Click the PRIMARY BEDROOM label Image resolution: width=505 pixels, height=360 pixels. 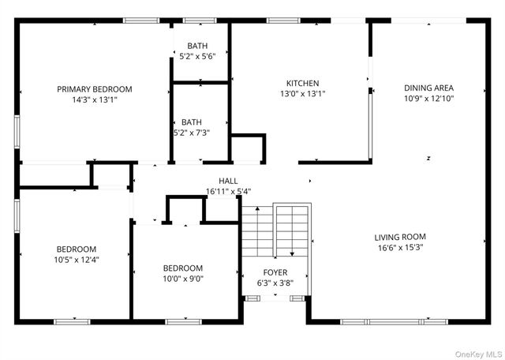coord(95,89)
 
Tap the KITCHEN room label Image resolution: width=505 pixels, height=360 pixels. coord(302,83)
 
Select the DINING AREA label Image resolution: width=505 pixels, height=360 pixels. coord(428,88)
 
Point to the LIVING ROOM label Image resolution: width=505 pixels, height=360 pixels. coord(400,236)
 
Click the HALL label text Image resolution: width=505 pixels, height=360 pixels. coord(228,181)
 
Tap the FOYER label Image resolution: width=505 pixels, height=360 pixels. coord(275,272)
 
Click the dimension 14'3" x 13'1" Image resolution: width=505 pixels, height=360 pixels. coord(95,100)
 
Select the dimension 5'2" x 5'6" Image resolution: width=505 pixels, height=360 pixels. coord(197,56)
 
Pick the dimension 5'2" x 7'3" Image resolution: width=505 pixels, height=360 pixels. coord(191,133)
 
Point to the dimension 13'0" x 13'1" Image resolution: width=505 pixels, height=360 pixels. coord(302,93)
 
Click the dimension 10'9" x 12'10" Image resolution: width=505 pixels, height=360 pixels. coord(428,99)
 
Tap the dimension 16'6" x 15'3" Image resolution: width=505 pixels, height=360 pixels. coord(400,247)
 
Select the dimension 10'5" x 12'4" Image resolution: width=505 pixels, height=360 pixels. coord(77,259)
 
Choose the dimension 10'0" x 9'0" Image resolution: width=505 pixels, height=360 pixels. coord(183,278)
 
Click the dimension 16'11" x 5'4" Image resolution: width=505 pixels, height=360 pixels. coord(228,191)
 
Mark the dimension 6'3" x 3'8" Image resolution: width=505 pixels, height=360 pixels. coord(275,283)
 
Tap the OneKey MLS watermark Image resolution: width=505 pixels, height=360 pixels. coord(478,353)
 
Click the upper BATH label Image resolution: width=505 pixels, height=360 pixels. coord(197,46)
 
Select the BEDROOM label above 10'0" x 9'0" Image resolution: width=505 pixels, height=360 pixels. coord(183,268)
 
